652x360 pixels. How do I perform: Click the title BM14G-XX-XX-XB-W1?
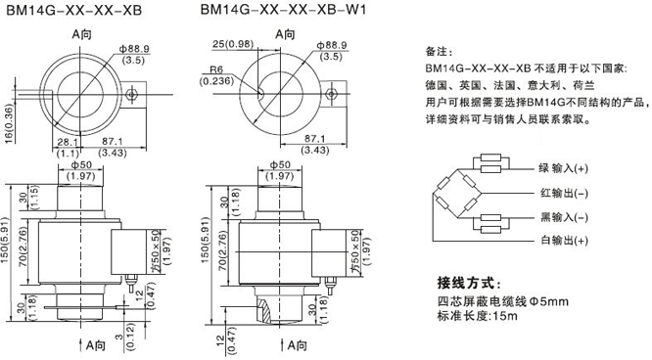pyautogui.click(x=283, y=9)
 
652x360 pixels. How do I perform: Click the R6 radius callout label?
pyautogui.click(x=215, y=69)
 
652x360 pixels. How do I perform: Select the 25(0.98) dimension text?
pyautogui.click(x=232, y=44)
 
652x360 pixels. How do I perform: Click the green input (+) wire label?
pyautogui.click(x=563, y=168)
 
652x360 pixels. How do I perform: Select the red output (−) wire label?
pyautogui.click(x=564, y=193)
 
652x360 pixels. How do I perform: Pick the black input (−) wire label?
pyautogui.click(x=564, y=217)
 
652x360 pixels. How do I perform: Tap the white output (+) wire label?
pyautogui.click(x=564, y=241)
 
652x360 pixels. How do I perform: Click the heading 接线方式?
pyautogui.click(x=469, y=283)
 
